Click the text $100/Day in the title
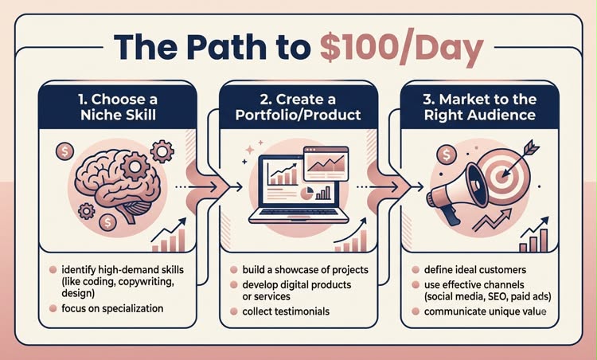[x=402, y=49]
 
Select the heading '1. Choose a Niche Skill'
[x=118, y=107]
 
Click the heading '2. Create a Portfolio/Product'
[x=298, y=107]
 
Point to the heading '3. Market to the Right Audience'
[x=480, y=107]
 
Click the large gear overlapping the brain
[x=135, y=166]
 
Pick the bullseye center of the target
[x=499, y=176]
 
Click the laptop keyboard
[x=298, y=211]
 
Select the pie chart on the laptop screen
[x=306, y=194]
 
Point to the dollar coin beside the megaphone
[x=447, y=155]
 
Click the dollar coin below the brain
[x=107, y=222]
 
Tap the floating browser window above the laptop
[x=326, y=163]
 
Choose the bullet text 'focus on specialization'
[x=112, y=308]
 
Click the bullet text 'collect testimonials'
[x=286, y=311]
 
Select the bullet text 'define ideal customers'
[x=475, y=270]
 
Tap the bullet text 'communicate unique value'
[x=486, y=311]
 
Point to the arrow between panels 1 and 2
[x=209, y=187]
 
